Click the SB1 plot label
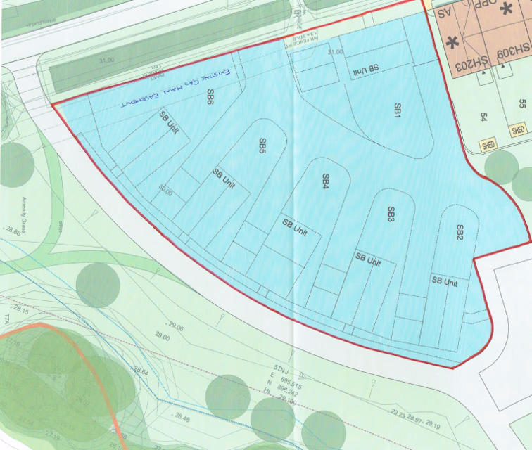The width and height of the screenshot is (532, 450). [398, 110]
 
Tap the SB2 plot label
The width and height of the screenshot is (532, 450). [460, 233]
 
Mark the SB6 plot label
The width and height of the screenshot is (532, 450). [210, 97]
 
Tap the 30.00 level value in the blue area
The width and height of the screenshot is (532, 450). [165, 191]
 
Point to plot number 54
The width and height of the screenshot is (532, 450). [484, 117]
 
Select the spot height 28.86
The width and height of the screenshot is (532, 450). [12, 230]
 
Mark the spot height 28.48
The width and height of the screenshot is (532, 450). [181, 419]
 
